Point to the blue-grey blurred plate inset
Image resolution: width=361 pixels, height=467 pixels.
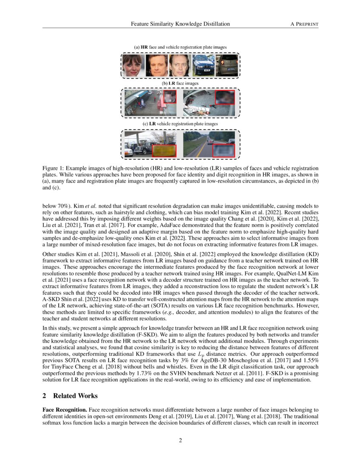[223, 150]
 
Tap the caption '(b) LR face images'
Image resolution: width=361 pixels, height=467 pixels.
[180, 84]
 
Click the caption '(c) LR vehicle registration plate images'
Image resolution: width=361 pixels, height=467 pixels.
[180, 124]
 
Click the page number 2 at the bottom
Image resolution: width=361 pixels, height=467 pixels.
[180, 440]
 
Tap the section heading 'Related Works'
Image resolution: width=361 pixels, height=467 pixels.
[75, 396]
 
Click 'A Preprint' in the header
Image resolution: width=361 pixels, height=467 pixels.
[304, 24]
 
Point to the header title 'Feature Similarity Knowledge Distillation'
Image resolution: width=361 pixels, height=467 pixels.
[180, 24]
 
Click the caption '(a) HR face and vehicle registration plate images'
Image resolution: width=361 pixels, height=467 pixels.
[180, 47]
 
